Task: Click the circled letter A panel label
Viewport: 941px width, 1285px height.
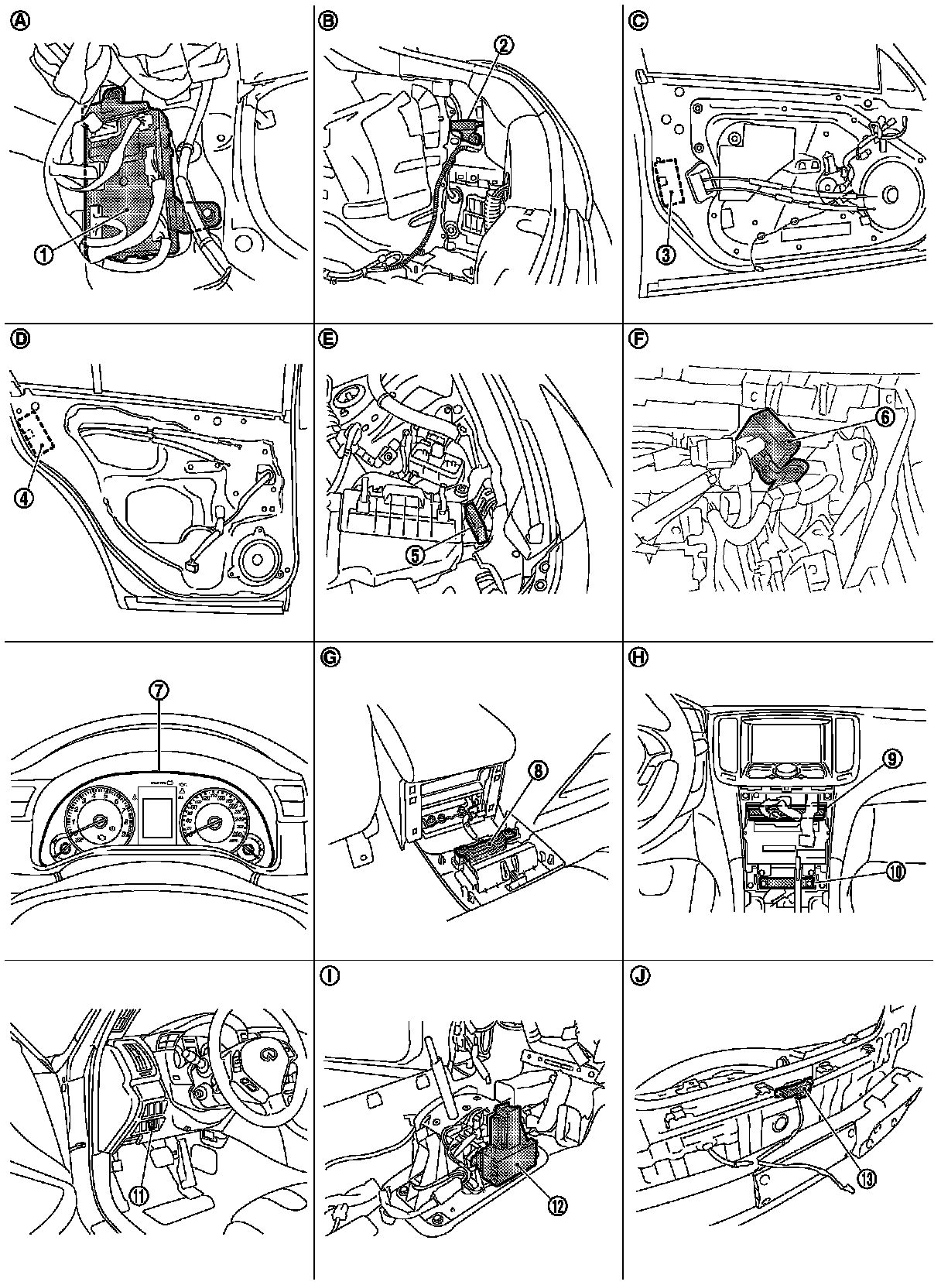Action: tap(18, 21)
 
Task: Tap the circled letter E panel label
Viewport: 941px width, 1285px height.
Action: tap(329, 339)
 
